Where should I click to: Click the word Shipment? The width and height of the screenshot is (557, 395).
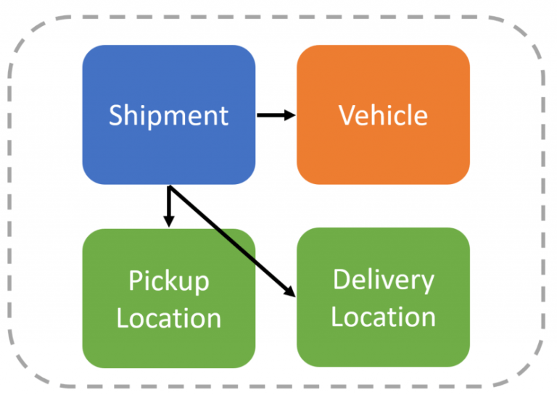tap(168, 115)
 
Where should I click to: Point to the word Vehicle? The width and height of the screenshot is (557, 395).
tap(383, 115)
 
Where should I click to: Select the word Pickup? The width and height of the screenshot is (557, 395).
tap(168, 280)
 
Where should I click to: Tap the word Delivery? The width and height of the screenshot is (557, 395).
tap(383, 280)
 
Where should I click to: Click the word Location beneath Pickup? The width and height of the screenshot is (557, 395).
tap(168, 318)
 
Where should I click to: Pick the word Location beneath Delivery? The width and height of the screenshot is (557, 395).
tap(383, 317)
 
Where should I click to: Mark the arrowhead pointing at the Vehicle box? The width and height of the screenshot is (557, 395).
tap(290, 115)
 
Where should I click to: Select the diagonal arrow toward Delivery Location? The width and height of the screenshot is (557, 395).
tap(232, 242)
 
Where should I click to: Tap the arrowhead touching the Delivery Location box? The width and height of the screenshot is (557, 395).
tap(289, 291)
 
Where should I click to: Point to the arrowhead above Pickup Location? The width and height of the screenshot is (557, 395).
tap(168, 220)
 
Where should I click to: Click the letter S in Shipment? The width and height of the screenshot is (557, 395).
tap(116, 115)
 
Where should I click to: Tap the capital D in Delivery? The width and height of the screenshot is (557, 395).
tap(341, 280)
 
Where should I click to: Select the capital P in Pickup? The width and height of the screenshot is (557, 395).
tap(136, 280)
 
